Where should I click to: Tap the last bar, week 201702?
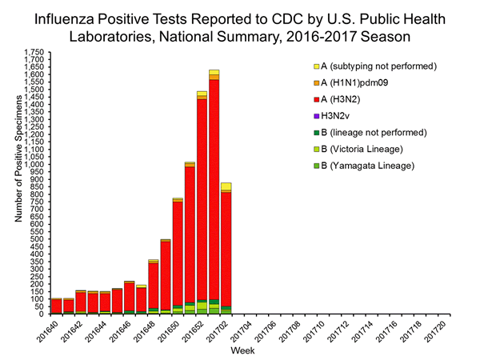(226, 248)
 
